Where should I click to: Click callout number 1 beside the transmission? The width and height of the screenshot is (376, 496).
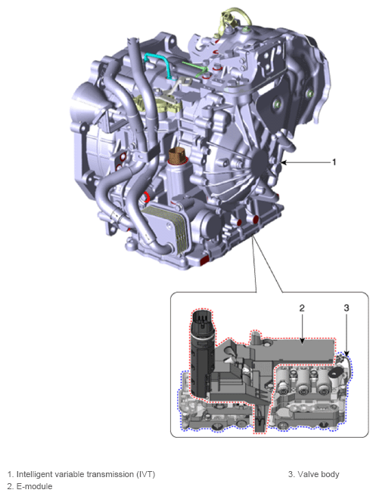point(334,162)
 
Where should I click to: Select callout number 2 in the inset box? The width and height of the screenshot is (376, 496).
point(301,308)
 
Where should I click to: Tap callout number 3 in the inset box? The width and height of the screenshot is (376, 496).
point(346,308)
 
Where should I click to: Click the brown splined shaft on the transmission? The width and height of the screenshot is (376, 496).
point(179,159)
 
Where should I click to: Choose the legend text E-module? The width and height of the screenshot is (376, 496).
point(33,486)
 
